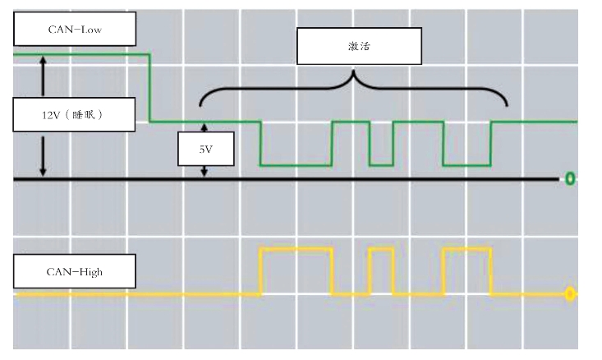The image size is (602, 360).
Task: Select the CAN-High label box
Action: tap(75, 270)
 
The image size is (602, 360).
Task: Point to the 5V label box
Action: tap(206, 150)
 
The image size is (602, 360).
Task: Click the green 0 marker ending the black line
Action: tap(569, 179)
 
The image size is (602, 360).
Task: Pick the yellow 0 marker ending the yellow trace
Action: tap(569, 293)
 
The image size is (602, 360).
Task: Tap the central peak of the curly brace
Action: tap(354, 75)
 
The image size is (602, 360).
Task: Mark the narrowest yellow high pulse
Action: tap(381, 249)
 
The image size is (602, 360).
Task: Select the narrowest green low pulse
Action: tap(381, 164)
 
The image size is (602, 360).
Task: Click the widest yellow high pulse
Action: tap(296, 249)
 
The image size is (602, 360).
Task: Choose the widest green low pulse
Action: tap(296, 164)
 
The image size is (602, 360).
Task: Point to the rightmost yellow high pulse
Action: tap(466, 249)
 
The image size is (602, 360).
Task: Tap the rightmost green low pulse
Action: tap(466, 164)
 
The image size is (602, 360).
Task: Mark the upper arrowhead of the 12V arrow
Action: tap(43, 60)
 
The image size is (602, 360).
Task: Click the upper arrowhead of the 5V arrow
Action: tap(205, 126)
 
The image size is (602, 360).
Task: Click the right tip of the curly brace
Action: tap(507, 104)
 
